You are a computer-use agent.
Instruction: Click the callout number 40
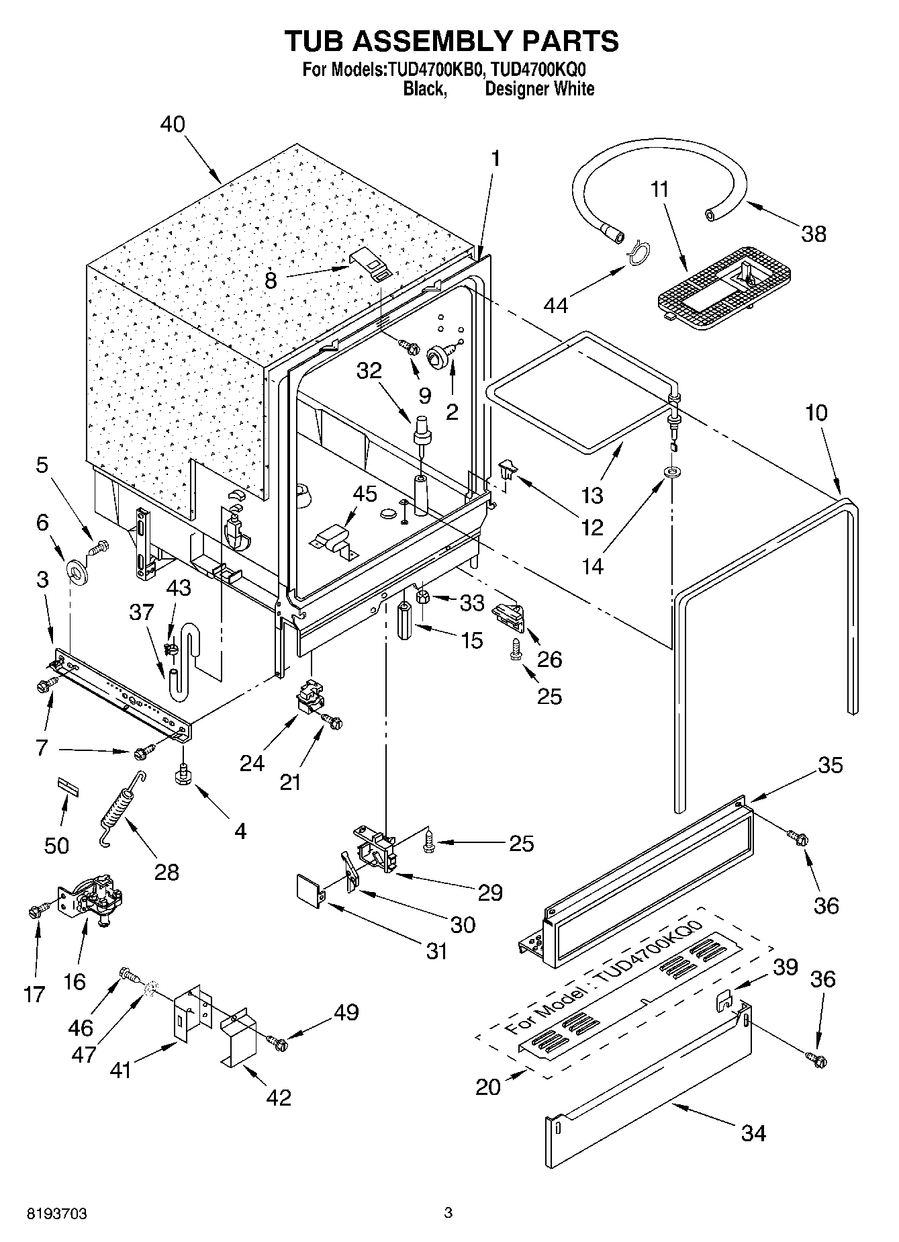pos(173,124)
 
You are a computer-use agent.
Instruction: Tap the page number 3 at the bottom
pos(448,1213)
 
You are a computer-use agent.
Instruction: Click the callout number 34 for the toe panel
pos(753,1133)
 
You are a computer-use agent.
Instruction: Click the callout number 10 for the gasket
pos(816,412)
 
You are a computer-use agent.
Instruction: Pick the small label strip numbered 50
pos(67,786)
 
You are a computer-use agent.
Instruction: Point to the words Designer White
pos(539,89)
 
